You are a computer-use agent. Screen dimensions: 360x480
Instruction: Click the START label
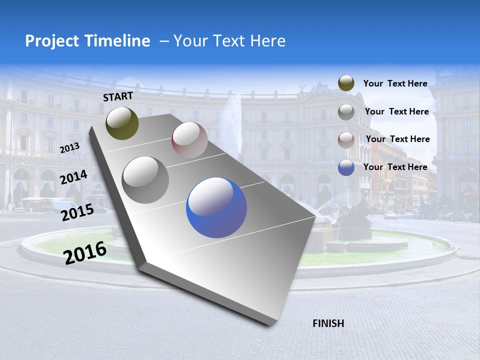(x=118, y=96)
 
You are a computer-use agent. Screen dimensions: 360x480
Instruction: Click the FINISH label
(x=328, y=323)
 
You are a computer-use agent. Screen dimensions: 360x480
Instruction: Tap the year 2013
(x=69, y=148)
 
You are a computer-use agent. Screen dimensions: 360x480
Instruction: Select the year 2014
(x=73, y=177)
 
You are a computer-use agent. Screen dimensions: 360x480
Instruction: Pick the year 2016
(x=85, y=252)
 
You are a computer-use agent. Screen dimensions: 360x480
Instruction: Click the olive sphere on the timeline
(x=122, y=123)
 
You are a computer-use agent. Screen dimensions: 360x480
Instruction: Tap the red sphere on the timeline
(x=189, y=140)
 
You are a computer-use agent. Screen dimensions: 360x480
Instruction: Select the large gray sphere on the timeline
(x=145, y=180)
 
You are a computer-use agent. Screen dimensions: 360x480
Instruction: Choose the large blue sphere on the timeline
(x=216, y=207)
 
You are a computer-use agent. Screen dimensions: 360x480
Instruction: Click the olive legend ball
(x=346, y=83)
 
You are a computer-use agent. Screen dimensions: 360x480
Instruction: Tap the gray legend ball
(x=346, y=112)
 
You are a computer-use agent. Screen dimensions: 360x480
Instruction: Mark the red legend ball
(x=346, y=139)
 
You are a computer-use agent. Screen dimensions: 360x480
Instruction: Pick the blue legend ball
(x=346, y=167)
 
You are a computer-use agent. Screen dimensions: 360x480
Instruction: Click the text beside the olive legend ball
(x=395, y=83)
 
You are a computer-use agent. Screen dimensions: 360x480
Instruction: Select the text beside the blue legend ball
(x=395, y=167)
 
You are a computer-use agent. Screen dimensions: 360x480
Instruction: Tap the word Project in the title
(x=51, y=41)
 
